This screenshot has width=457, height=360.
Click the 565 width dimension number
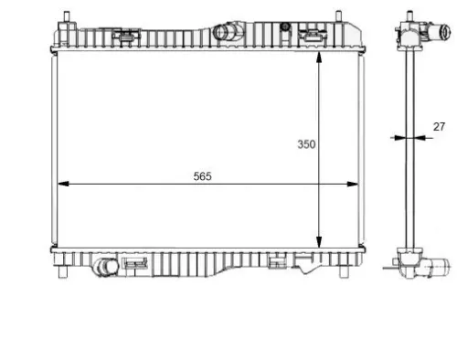pyautogui.click(x=202, y=176)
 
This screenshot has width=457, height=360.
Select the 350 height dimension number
pyautogui.click(x=306, y=144)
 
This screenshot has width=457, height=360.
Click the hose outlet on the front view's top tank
pyautogui.click(x=226, y=34)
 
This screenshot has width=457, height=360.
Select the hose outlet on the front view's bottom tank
pyautogui.click(x=105, y=268)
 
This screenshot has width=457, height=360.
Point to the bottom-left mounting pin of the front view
pyautogui.click(x=64, y=273)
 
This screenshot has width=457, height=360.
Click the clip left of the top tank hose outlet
pyautogui.click(x=127, y=37)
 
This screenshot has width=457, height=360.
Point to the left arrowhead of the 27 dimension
pyautogui.click(x=394, y=138)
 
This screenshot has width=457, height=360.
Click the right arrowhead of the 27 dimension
pyautogui.click(x=423, y=138)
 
